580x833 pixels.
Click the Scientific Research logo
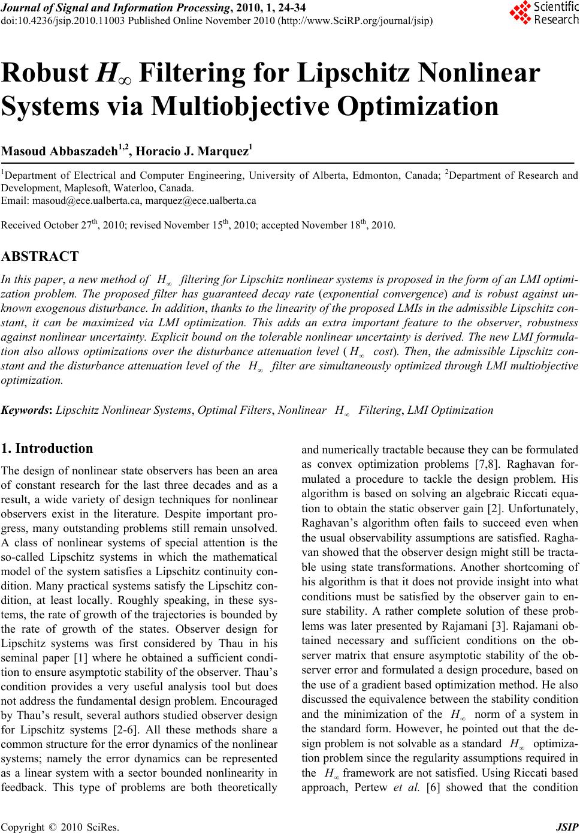(x=543, y=14)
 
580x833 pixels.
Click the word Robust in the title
(x=46, y=74)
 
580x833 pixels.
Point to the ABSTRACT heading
(x=40, y=257)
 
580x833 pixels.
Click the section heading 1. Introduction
(x=48, y=449)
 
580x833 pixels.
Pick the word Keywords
(x=26, y=410)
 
